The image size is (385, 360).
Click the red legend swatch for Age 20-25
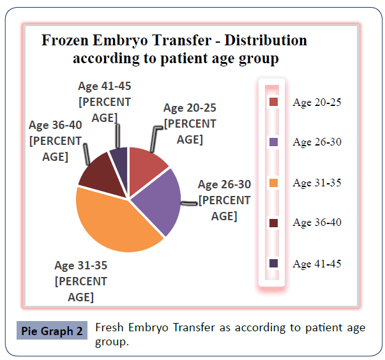pyautogui.click(x=274, y=102)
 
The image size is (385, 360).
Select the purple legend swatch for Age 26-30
pyautogui.click(x=274, y=142)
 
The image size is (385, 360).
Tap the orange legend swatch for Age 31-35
pyautogui.click(x=274, y=183)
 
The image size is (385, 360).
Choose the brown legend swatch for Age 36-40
pyautogui.click(x=274, y=223)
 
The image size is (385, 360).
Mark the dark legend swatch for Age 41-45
pyautogui.click(x=274, y=263)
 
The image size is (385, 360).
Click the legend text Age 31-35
pyautogui.click(x=317, y=183)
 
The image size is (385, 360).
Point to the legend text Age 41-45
pyautogui.click(x=317, y=264)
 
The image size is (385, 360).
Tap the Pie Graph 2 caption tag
pyautogui.click(x=52, y=331)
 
